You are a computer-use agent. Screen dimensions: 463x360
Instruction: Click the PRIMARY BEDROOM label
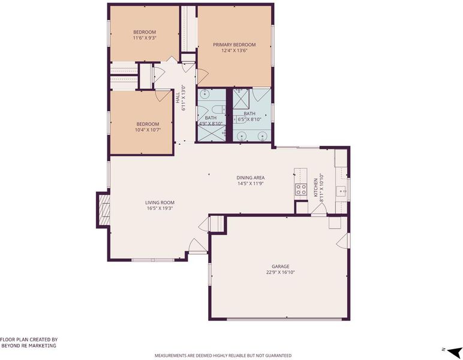[234, 44]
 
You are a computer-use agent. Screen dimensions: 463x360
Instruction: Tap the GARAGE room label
[281, 266]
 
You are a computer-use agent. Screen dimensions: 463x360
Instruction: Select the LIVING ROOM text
[160, 203]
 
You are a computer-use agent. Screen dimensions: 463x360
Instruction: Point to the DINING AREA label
[251, 178]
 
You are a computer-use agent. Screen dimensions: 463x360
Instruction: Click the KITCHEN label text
[315, 188]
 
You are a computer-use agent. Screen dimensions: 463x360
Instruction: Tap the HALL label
[178, 98]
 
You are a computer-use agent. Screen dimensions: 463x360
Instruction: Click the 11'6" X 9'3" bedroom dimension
[145, 38]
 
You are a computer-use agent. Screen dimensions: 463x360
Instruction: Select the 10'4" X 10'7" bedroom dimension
[148, 130]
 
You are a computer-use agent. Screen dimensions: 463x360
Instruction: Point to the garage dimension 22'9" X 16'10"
[281, 272]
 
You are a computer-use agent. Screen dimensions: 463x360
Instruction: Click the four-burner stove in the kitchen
[301, 190]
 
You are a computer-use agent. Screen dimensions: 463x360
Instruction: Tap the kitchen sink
[342, 192]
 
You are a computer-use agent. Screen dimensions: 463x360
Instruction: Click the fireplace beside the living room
[103, 210]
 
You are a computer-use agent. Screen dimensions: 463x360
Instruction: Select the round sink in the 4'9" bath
[205, 94]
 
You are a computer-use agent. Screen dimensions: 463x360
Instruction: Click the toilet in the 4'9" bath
[219, 110]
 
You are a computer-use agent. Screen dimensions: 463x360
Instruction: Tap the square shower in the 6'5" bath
[241, 99]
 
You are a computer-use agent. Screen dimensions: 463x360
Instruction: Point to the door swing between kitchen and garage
[318, 209]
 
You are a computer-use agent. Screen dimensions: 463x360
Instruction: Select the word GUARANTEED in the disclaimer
[278, 355]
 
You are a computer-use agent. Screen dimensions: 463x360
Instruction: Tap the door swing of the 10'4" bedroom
[163, 95]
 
